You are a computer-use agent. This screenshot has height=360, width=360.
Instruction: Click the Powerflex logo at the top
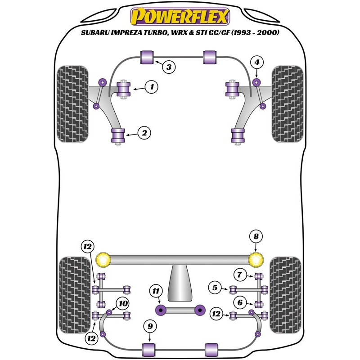tap(180, 16)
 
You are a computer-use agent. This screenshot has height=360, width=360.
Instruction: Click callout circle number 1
tap(152, 87)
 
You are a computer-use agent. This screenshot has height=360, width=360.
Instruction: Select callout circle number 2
tap(144, 133)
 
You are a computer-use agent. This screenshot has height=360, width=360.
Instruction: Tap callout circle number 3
tap(169, 67)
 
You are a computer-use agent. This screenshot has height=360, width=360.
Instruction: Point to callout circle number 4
tap(256, 62)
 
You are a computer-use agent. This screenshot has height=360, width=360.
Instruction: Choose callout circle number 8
tap(256, 237)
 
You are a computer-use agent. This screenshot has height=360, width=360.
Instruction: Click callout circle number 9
tap(150, 326)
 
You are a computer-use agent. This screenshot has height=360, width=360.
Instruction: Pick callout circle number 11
tap(156, 291)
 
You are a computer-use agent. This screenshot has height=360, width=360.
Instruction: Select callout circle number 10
tap(123, 303)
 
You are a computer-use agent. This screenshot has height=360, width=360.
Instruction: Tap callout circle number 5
tap(215, 288)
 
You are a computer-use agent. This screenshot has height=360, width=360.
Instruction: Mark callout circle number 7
tap(240, 274)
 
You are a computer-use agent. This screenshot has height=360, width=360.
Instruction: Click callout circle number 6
tap(240, 302)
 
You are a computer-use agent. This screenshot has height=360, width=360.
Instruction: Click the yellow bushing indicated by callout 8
tap(256, 260)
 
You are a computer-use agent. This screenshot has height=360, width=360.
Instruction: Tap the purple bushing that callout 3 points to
tap(147, 58)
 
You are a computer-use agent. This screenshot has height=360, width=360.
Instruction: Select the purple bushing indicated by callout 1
tap(124, 89)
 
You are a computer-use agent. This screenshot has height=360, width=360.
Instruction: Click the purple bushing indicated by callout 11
tap(161, 310)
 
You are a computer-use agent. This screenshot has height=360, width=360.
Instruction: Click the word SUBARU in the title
tap(95, 32)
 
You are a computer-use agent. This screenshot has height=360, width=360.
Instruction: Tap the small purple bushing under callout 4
tap(256, 82)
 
